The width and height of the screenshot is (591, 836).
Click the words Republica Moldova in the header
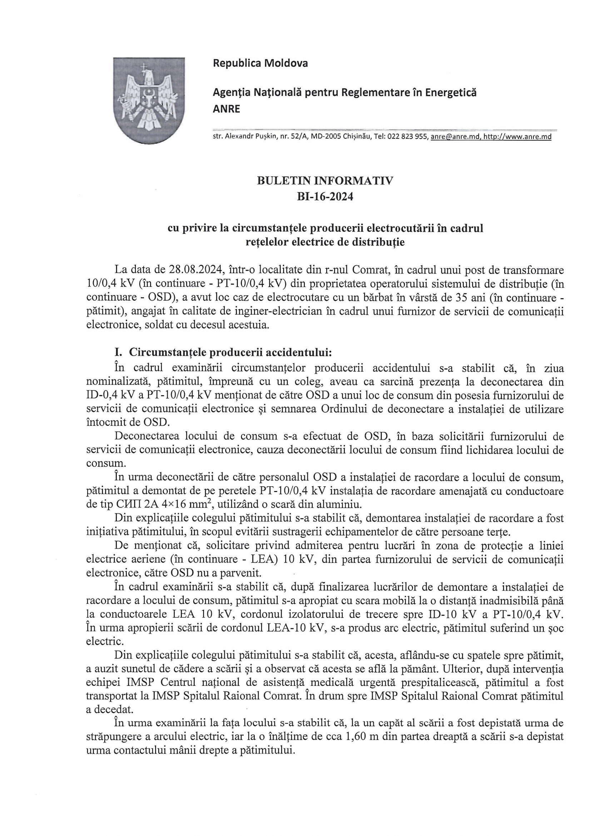click(x=260, y=63)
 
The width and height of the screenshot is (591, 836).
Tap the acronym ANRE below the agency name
click(x=226, y=109)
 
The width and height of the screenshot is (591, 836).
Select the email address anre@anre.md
click(x=455, y=137)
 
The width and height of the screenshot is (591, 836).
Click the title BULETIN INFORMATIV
click(x=325, y=181)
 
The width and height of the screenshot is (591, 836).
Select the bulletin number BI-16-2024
click(x=325, y=197)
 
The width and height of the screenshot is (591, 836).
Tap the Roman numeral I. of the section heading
click(x=118, y=352)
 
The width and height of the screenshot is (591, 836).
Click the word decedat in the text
click(x=114, y=709)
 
